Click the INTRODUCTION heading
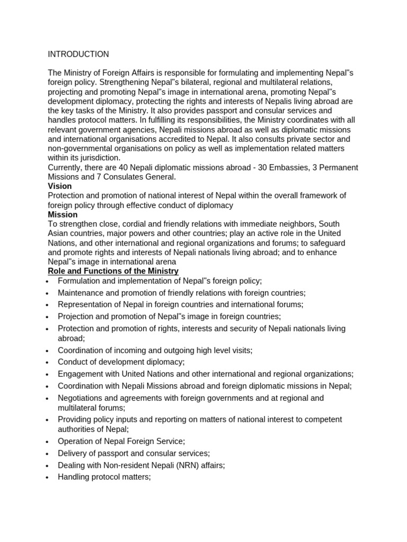[78, 54]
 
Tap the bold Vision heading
[59, 186]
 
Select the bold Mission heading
[63, 215]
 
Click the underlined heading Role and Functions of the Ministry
[113, 271]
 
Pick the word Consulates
[116, 177]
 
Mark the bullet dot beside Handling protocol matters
[48, 477]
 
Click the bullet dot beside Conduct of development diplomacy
[48, 363]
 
